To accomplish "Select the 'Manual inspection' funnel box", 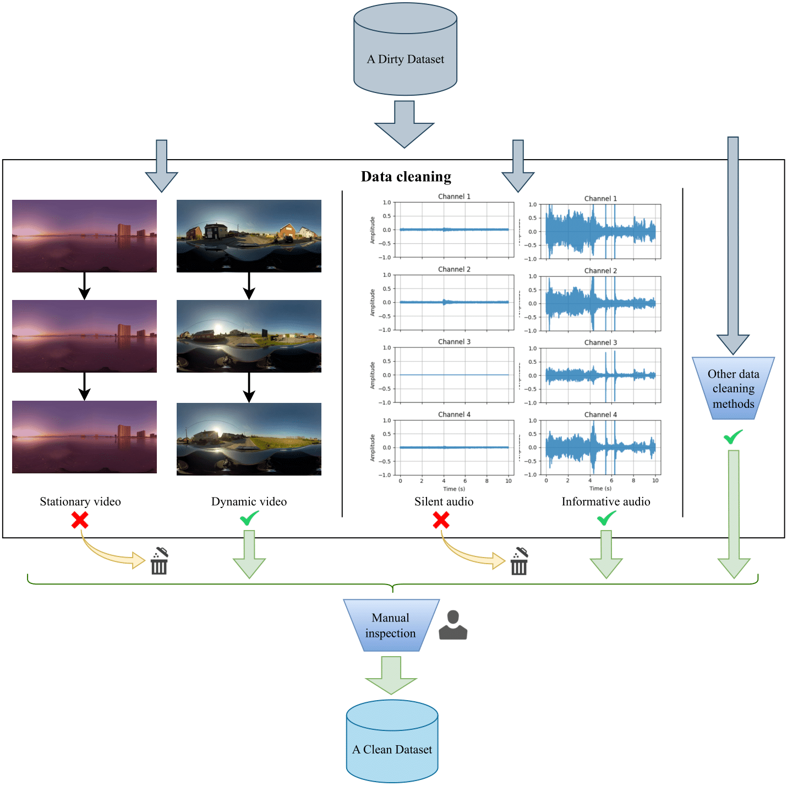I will pyautogui.click(x=391, y=625).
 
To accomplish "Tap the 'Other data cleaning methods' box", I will pyautogui.click(x=733, y=389).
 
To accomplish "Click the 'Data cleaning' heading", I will pyautogui.click(x=406, y=177).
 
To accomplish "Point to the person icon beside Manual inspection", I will pyautogui.click(x=453, y=625).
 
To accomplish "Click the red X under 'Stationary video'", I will pyautogui.click(x=80, y=520).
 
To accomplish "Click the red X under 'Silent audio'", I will pyautogui.click(x=441, y=520).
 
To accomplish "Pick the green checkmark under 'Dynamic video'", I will pyautogui.click(x=249, y=518).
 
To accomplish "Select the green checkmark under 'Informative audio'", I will pyautogui.click(x=606, y=518).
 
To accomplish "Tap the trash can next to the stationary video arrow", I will pyautogui.click(x=159, y=561).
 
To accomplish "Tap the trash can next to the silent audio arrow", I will pyautogui.click(x=519, y=561).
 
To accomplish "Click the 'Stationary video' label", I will pyautogui.click(x=80, y=501).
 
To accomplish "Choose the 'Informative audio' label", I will pyautogui.click(x=606, y=501).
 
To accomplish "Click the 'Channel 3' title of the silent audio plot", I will pyautogui.click(x=454, y=342).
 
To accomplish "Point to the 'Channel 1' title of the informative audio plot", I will pyautogui.click(x=600, y=199).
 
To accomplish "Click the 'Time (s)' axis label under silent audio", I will pyautogui.click(x=454, y=489).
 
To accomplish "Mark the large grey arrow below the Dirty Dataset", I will pyautogui.click(x=405, y=124).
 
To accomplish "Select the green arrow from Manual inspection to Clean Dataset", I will pyautogui.click(x=391, y=675).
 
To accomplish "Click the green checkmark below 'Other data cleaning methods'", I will pyautogui.click(x=733, y=437).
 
